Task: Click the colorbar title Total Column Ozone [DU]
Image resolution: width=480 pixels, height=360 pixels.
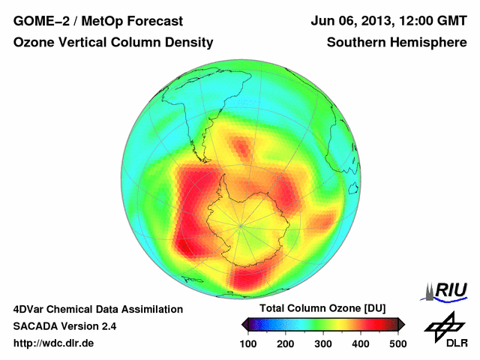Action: (322, 309)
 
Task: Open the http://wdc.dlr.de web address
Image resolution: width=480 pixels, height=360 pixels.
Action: (53, 343)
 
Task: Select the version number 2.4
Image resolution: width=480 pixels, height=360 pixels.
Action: (107, 326)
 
